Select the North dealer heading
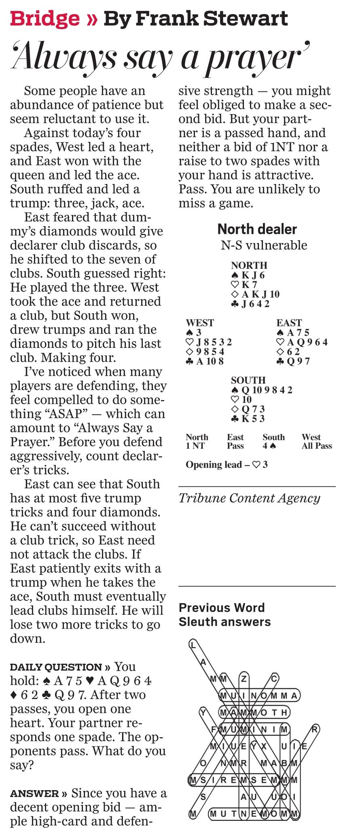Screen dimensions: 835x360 click(x=257, y=229)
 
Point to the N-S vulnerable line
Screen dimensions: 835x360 click(x=264, y=245)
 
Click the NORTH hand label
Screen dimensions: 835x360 click(x=249, y=265)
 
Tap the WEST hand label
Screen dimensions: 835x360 click(x=200, y=323)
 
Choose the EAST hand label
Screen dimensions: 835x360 click(x=289, y=323)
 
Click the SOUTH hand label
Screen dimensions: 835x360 click(x=248, y=380)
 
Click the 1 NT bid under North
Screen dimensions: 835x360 click(x=195, y=446)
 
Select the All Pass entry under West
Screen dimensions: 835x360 click(x=317, y=446)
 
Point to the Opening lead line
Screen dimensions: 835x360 click(x=227, y=465)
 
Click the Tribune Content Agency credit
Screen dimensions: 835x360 click(x=249, y=498)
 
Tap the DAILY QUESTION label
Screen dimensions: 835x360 click(x=56, y=667)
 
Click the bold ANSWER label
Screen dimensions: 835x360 click(x=35, y=794)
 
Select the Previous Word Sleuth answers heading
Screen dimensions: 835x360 click(x=224, y=615)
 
